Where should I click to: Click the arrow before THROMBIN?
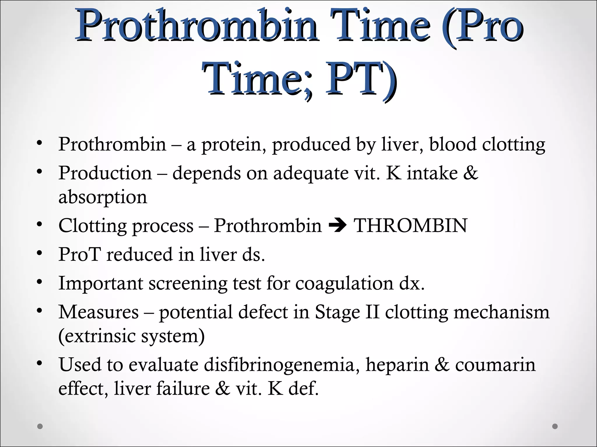[337, 226]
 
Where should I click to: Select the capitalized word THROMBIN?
[410, 226]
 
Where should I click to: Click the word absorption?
[103, 197]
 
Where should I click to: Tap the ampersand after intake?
[470, 173]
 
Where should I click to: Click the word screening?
[188, 283]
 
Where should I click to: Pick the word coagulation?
[344, 283]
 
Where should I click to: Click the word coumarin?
[495, 365]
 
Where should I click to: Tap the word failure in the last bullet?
[183, 389]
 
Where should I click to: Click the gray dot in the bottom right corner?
[555, 426]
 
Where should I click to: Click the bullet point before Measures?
[40, 311]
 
